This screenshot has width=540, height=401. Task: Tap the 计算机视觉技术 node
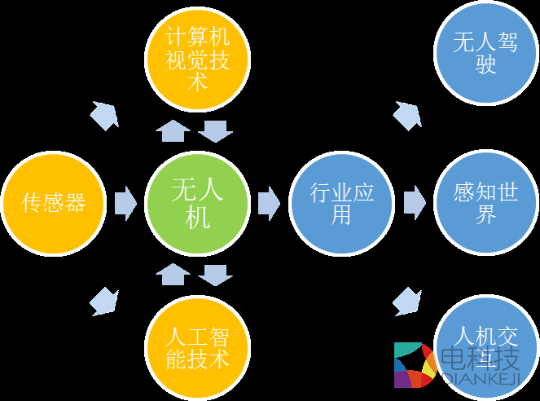click(198, 59)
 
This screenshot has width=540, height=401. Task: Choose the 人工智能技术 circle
click(198, 346)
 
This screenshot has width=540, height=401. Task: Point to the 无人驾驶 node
click(486, 54)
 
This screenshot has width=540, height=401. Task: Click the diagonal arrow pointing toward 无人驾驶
click(407, 115)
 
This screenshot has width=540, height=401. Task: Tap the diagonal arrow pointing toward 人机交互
click(407, 300)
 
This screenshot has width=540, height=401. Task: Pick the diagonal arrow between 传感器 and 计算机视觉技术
click(104, 116)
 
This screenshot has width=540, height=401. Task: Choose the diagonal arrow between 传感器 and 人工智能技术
click(103, 302)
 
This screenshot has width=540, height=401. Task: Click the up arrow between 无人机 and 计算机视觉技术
click(173, 130)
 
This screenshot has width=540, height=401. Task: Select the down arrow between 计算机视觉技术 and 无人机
click(216, 130)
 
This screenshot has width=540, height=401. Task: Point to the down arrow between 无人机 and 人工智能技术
click(216, 275)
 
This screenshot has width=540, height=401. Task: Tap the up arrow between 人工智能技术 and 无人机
click(173, 274)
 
